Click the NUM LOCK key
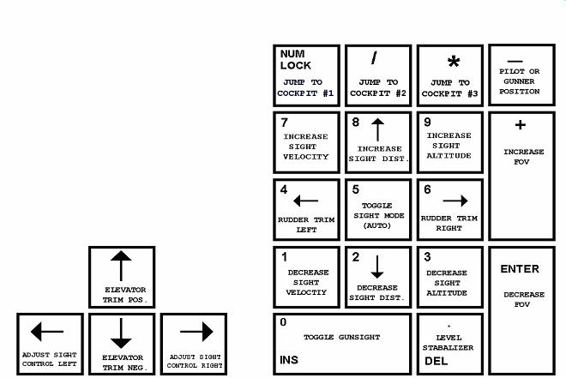(306, 75)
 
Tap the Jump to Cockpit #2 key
(377, 75)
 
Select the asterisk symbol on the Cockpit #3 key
(454, 62)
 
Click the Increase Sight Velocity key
(306, 142)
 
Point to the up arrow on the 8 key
(377, 129)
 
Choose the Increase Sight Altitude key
(449, 142)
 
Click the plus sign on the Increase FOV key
(520, 125)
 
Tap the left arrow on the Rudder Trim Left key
(305, 201)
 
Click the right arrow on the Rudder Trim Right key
(455, 201)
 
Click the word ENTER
(520, 269)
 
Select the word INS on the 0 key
(289, 360)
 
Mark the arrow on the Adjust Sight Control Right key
(196, 331)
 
